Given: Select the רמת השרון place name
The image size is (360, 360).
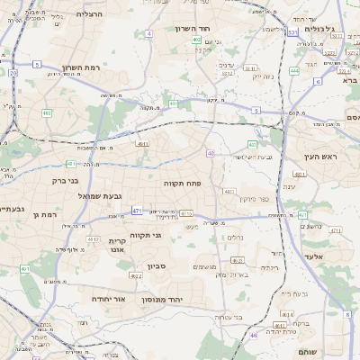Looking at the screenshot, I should tap(85, 67).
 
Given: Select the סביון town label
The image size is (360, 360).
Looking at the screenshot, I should tap(157, 265).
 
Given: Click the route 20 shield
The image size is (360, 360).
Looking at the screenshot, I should tap(13, 72).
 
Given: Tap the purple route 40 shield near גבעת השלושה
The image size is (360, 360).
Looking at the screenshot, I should tap(210, 154).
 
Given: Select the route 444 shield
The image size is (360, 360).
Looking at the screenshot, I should tap(295, 70).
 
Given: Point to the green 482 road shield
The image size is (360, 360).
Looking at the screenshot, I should tap(46, 113).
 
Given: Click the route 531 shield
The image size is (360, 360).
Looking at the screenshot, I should tap(292, 32).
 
